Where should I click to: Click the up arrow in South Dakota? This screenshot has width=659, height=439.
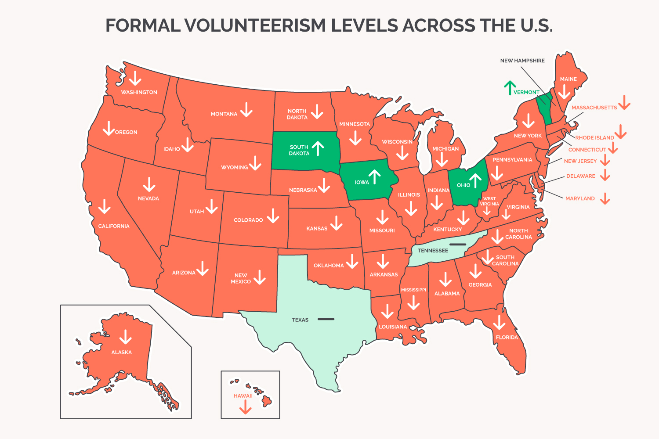pyautogui.click(x=318, y=148)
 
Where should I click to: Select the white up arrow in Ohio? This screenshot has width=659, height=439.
pyautogui.click(x=475, y=180)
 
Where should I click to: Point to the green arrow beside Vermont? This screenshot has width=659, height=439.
pyautogui.click(x=510, y=88)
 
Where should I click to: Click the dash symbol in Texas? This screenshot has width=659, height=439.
pyautogui.click(x=326, y=319)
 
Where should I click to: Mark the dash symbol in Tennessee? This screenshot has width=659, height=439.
pyautogui.click(x=457, y=245)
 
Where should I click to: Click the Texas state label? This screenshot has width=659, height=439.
pyautogui.click(x=300, y=320)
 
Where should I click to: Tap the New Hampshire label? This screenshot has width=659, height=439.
pyautogui.click(x=522, y=61)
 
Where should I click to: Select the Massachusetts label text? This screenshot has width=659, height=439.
pyautogui.click(x=594, y=108)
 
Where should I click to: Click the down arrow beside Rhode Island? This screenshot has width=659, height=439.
pyautogui.click(x=620, y=131)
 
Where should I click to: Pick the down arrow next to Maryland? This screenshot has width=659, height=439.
pyautogui.click(x=605, y=198)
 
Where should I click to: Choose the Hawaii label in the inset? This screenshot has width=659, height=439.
pyautogui.click(x=243, y=396)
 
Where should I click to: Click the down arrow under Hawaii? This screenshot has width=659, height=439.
pyautogui.click(x=245, y=407)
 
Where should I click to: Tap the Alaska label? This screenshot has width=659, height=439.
pyautogui.click(x=121, y=353)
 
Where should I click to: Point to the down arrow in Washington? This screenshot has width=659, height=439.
pyautogui.click(x=135, y=78)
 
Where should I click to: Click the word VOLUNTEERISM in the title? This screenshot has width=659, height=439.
pyautogui.click(x=254, y=25)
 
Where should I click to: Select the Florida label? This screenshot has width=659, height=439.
pyautogui.click(x=507, y=338)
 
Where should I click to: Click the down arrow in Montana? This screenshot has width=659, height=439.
pyautogui.click(x=246, y=110)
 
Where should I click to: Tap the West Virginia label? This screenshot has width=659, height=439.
pyautogui.click(x=489, y=202)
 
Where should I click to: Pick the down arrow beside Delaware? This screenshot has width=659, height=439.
pyautogui.click(x=605, y=175)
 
